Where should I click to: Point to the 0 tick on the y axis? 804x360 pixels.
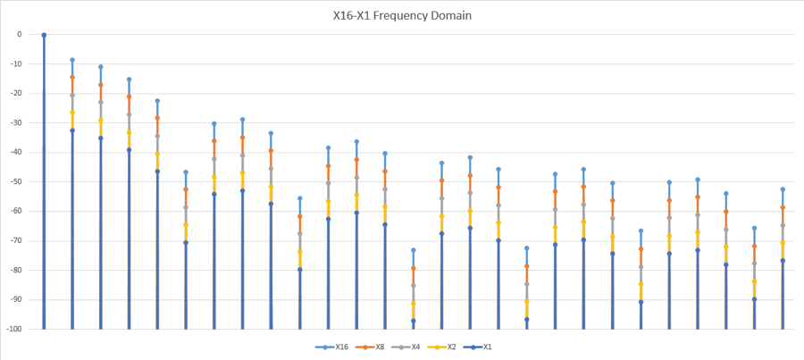tap(19, 34)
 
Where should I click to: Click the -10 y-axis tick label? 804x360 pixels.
tap(16, 63)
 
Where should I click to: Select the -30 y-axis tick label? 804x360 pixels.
tap(16, 122)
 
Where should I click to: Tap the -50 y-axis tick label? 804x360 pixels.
tap(16, 181)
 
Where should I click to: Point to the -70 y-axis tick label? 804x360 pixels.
tap(16, 240)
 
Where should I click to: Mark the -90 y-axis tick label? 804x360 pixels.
tap(16, 299)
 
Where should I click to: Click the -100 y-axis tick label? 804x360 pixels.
tap(14, 329)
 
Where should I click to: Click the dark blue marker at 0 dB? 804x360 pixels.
tap(44, 35)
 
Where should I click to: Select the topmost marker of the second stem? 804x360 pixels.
tap(72, 60)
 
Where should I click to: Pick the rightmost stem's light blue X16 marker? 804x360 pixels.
tap(783, 189)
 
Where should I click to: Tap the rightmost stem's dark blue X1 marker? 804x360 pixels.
tap(783, 260)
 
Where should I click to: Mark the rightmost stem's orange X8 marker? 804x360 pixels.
tap(783, 207)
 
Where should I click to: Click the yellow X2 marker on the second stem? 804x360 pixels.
tap(72, 113)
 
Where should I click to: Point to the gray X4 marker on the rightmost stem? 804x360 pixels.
tap(783, 225)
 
